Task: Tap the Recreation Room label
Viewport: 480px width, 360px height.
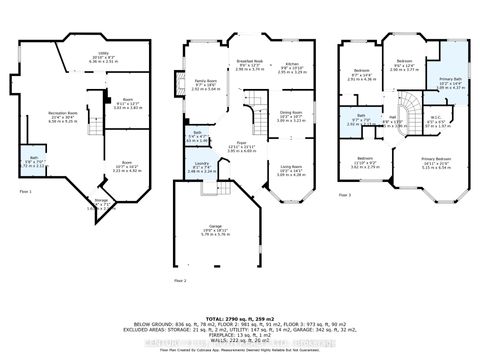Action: [64, 116]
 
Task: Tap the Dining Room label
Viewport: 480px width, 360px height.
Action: [290, 115]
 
